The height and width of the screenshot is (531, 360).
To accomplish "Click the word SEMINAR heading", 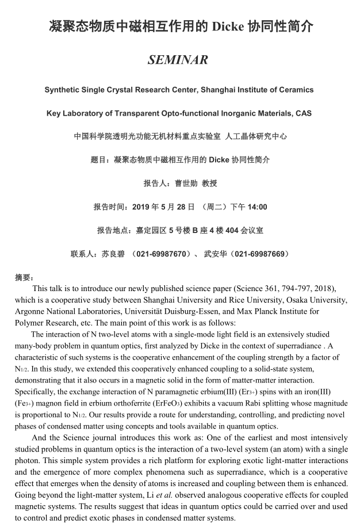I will (178, 60).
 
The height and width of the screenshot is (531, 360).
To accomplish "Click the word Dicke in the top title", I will (227, 27).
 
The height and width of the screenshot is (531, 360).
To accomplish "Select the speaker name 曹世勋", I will (186, 184).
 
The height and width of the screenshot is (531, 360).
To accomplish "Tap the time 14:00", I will (257, 207).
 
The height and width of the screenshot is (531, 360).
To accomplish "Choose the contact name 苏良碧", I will (113, 254).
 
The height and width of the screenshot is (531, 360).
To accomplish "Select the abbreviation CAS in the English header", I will (303, 113).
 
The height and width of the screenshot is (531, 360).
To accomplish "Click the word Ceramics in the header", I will (294, 90).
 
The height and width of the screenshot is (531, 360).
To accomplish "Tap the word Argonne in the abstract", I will (31, 311).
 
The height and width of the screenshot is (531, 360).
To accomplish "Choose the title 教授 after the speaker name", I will (209, 184).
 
